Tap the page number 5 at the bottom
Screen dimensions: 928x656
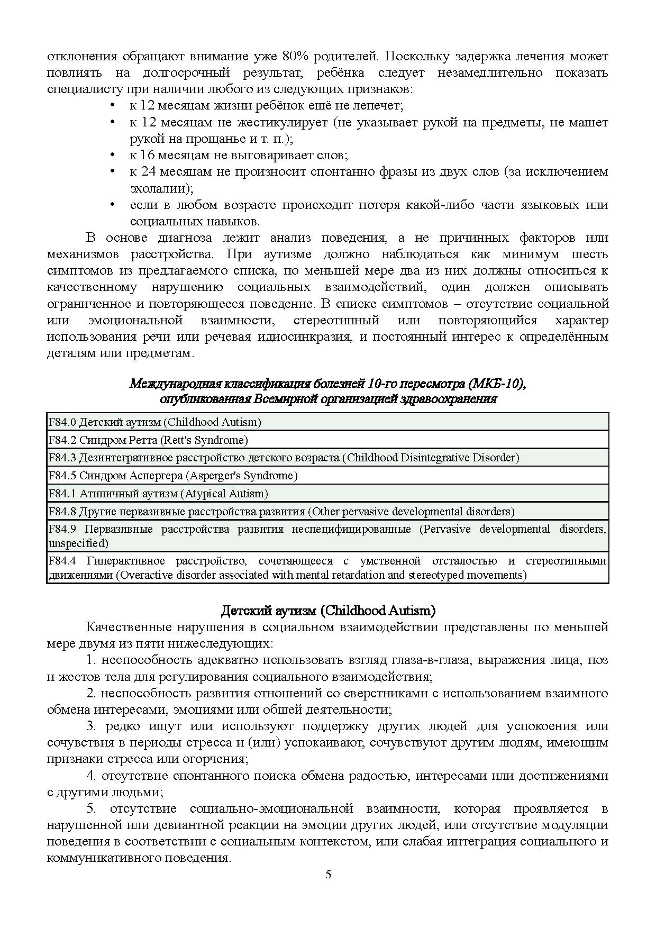point(328,875)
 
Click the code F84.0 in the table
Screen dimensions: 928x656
point(62,422)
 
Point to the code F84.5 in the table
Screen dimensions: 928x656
point(62,476)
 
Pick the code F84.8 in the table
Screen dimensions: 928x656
point(62,512)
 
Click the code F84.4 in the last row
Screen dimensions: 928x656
point(62,561)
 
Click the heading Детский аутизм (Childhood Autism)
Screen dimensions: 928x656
point(328,611)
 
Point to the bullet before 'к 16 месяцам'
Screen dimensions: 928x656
point(112,155)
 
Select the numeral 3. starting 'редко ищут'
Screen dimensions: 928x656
point(91,726)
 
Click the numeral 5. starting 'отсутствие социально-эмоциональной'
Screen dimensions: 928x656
point(91,808)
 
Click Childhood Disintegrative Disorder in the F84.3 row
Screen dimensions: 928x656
point(431,458)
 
